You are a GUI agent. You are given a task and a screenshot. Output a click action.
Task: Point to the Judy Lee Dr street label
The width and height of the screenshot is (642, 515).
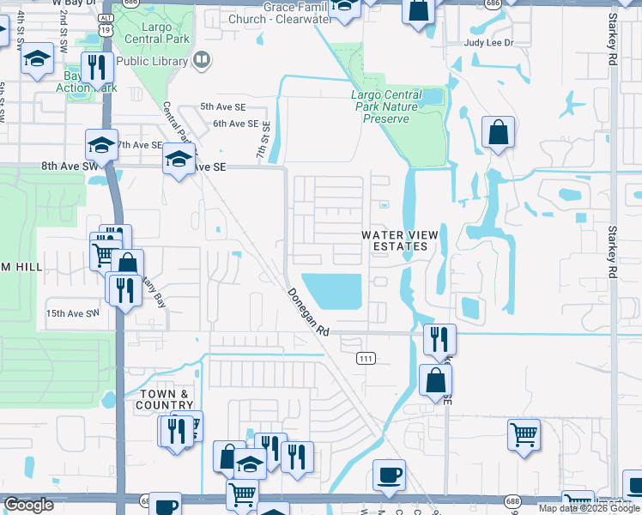coord(488,42)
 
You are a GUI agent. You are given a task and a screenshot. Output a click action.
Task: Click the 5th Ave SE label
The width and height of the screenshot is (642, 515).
coord(223,106)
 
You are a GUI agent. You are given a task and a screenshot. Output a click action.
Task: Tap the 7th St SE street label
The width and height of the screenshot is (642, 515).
coord(265,137)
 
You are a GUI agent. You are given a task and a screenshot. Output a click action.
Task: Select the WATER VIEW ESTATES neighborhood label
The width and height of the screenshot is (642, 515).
coord(394,240)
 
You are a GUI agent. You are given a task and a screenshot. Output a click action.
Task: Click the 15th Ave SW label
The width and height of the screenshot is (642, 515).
coord(73,314)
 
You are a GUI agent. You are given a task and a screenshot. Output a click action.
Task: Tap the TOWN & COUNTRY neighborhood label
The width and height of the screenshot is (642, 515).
coord(166,399)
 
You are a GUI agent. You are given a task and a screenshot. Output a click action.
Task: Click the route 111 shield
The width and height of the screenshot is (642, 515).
coord(366,358)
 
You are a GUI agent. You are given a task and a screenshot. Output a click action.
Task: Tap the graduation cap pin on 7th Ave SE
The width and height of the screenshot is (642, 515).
coord(101,145)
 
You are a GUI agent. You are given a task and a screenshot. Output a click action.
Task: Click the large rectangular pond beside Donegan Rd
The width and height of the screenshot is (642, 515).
coord(335,291)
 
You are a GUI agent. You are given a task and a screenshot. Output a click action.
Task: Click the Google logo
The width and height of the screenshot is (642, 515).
coord(28,505)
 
